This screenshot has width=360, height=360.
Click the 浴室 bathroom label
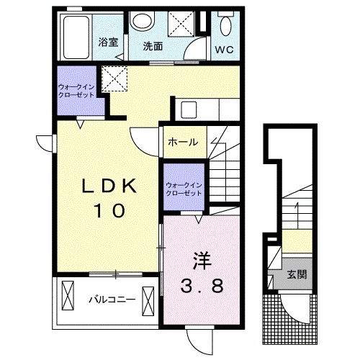[108, 42]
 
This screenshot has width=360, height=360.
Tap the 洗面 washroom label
[153, 46]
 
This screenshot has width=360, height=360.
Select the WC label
[224, 50]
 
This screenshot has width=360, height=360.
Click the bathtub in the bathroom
[76, 37]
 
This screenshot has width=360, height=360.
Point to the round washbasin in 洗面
[143, 21]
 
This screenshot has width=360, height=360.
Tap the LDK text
[109, 186]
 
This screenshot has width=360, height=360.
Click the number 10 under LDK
[111, 210]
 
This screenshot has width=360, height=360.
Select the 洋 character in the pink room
[202, 261]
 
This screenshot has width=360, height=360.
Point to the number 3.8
[202, 286]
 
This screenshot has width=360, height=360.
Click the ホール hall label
[183, 142]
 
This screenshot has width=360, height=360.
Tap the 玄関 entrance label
[297, 274]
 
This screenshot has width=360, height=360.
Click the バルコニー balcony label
[112, 300]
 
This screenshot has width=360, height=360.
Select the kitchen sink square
[189, 110]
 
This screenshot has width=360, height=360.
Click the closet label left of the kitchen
[76, 91]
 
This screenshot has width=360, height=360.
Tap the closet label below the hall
[184, 189]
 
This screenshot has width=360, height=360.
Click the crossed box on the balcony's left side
[68, 296]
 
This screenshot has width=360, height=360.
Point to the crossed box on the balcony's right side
[148, 301]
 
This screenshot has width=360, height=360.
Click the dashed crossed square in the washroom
[181, 24]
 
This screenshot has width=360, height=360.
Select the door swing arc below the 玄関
[292, 312]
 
